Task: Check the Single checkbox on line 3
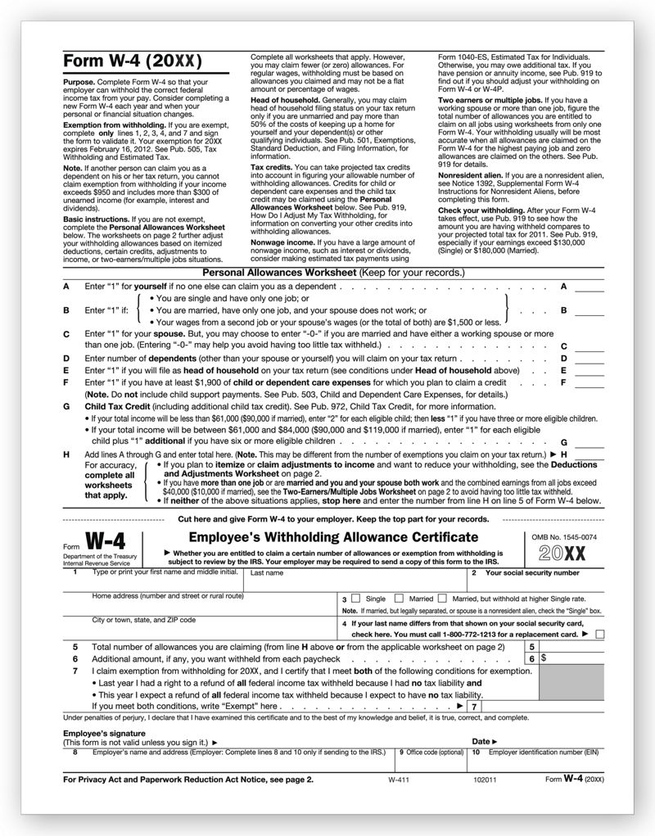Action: tap(355, 599)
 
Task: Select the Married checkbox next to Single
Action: tap(399, 599)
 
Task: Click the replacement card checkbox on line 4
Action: tap(600, 634)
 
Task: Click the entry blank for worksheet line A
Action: tap(589, 287)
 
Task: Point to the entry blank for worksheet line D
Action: tap(589, 359)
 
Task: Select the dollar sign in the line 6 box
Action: tap(544, 658)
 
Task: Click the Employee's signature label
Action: tap(104, 733)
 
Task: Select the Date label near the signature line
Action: tap(481, 741)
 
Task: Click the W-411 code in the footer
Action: tap(400, 780)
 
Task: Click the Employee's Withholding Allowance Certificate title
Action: tap(333, 537)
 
